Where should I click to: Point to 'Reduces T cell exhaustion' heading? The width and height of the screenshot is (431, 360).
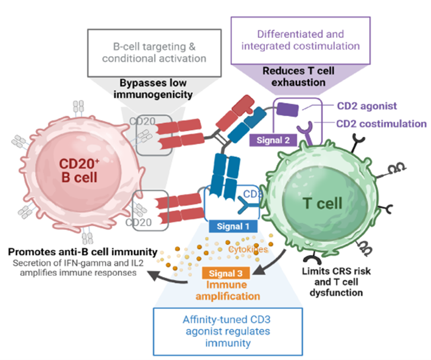(x=296, y=77)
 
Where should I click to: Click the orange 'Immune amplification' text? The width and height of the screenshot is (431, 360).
(x=228, y=290)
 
